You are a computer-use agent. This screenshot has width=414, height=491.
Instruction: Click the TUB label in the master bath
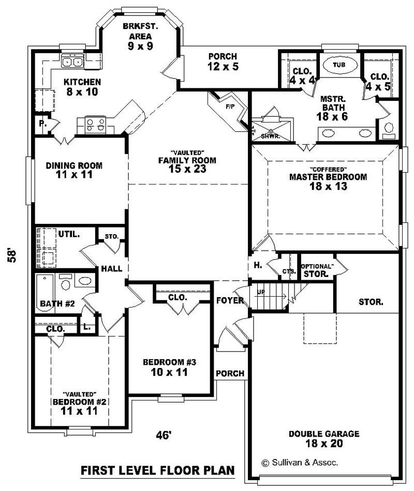339,65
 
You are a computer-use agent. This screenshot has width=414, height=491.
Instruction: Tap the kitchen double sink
73,62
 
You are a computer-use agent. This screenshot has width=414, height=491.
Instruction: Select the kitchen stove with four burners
95,124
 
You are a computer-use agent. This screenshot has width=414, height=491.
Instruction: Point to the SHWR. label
267,136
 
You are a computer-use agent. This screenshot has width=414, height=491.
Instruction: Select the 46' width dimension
163,435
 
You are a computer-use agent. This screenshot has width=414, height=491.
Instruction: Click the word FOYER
230,300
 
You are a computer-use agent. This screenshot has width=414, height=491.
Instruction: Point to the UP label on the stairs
261,293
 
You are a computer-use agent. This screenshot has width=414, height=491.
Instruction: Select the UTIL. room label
69,234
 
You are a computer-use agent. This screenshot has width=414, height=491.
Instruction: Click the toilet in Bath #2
66,284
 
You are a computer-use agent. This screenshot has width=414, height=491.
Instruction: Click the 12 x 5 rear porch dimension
223,66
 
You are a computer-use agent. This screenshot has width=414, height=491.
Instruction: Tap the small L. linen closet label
86,327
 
